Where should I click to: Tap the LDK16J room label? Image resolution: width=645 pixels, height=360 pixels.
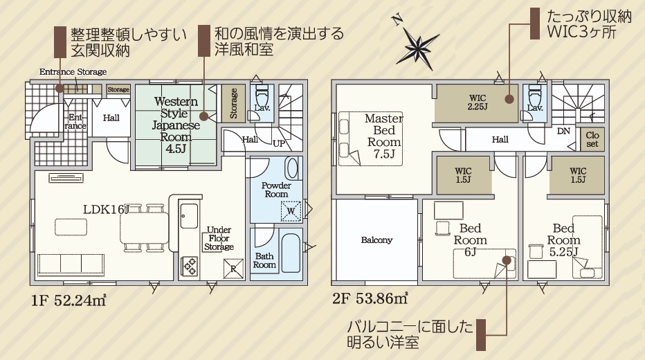point(106,209)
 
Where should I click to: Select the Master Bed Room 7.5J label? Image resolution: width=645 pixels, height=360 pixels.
point(384,136)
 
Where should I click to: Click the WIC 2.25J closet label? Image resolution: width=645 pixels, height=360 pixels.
point(478,102)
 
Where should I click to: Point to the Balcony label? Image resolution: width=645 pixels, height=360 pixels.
point(376,240)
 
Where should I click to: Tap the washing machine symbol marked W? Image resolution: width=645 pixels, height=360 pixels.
point(291,211)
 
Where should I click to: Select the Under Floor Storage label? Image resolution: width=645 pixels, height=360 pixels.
point(219,238)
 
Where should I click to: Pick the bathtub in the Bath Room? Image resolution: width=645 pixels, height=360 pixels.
point(291,251)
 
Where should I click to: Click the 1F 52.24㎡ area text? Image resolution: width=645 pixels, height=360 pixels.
point(69,300)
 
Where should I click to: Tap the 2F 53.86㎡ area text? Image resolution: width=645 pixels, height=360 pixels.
point(370,298)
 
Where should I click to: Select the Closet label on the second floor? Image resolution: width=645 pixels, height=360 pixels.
point(592,139)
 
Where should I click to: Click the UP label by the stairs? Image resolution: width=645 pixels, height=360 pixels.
point(278,143)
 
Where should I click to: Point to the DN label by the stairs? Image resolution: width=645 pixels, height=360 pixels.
point(563,132)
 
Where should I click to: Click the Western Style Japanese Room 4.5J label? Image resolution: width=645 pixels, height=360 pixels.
point(176,125)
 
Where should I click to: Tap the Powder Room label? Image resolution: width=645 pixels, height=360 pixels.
point(276,190)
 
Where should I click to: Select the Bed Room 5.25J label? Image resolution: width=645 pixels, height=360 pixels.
point(564,240)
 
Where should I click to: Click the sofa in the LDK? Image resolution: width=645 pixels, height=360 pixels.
point(71,264)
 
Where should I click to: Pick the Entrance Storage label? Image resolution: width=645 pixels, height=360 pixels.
point(73,72)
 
